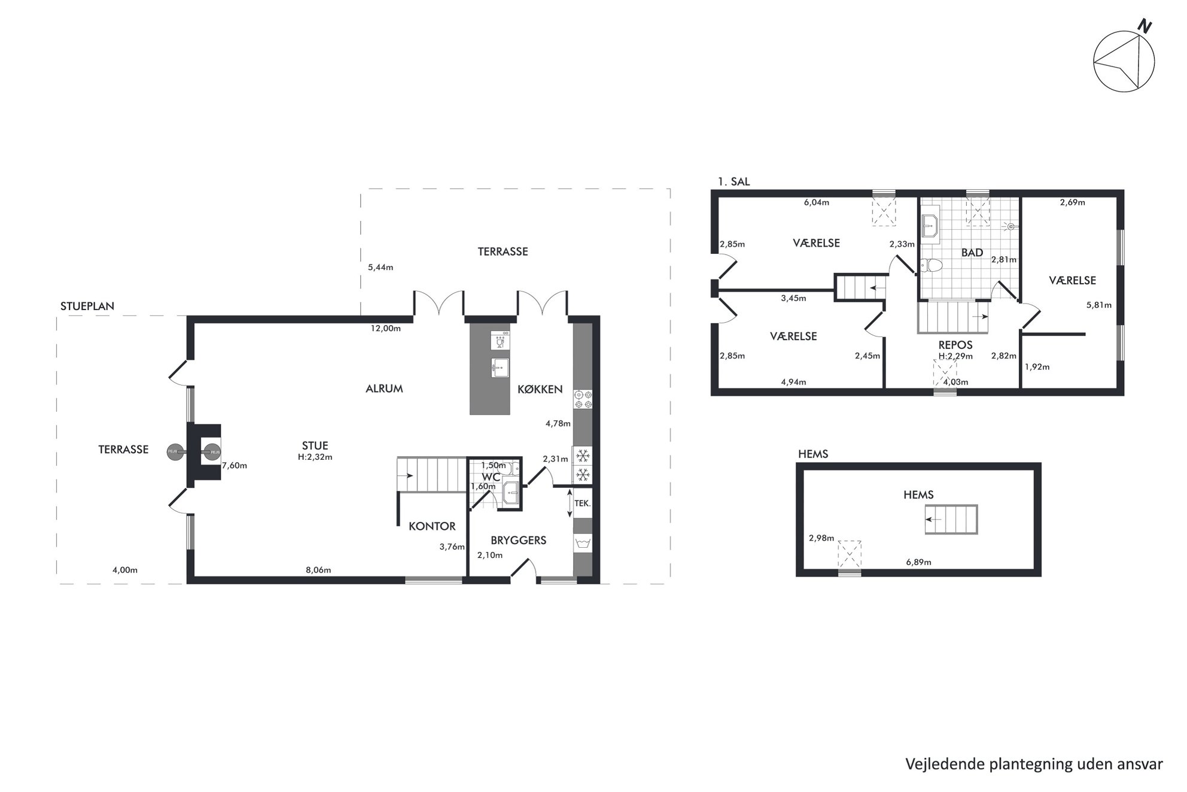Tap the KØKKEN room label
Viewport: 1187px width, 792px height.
[x=540, y=389]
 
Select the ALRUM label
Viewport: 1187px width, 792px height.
[x=384, y=389]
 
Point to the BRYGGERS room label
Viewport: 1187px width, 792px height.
[x=518, y=540]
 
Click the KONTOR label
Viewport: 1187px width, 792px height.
[x=432, y=526]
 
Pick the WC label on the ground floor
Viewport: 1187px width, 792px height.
[x=491, y=477]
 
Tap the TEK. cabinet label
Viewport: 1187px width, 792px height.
[x=582, y=503]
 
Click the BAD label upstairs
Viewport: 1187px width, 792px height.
[x=972, y=253]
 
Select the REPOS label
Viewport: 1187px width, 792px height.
[x=955, y=345]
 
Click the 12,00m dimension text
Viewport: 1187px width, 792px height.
[x=386, y=328]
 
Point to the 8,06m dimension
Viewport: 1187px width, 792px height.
[x=318, y=570]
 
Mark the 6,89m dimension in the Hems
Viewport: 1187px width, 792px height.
[x=918, y=562]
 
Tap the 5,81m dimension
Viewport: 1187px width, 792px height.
[x=1099, y=305]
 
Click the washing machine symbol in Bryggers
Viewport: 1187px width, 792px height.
[x=582, y=544]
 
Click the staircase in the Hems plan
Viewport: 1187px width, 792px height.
[x=951, y=520]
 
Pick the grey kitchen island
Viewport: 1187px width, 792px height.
[x=489, y=369]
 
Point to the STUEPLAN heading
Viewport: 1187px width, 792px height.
[x=87, y=306]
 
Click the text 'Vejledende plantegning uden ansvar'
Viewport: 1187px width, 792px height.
[x=1034, y=764]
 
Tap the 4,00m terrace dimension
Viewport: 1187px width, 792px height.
[x=125, y=570]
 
